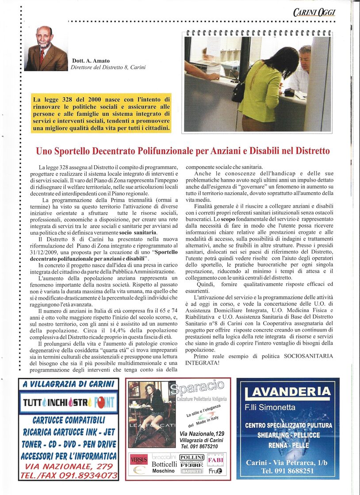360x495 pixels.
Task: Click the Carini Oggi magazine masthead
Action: [x=314, y=12]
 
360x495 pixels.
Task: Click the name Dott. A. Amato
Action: [x=90, y=61]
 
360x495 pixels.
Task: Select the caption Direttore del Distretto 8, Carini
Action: [x=108, y=68]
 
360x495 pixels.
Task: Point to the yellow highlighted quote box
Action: [x=101, y=112]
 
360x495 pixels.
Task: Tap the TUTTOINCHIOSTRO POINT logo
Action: [x=69, y=402]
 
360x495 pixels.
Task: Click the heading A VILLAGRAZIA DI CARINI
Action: [x=69, y=384]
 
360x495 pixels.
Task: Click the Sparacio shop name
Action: [x=197, y=388]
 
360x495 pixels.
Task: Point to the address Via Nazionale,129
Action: [x=202, y=433]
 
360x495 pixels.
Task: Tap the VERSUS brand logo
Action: [x=138, y=460]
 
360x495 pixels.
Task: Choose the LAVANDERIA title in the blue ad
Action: [x=288, y=392]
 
